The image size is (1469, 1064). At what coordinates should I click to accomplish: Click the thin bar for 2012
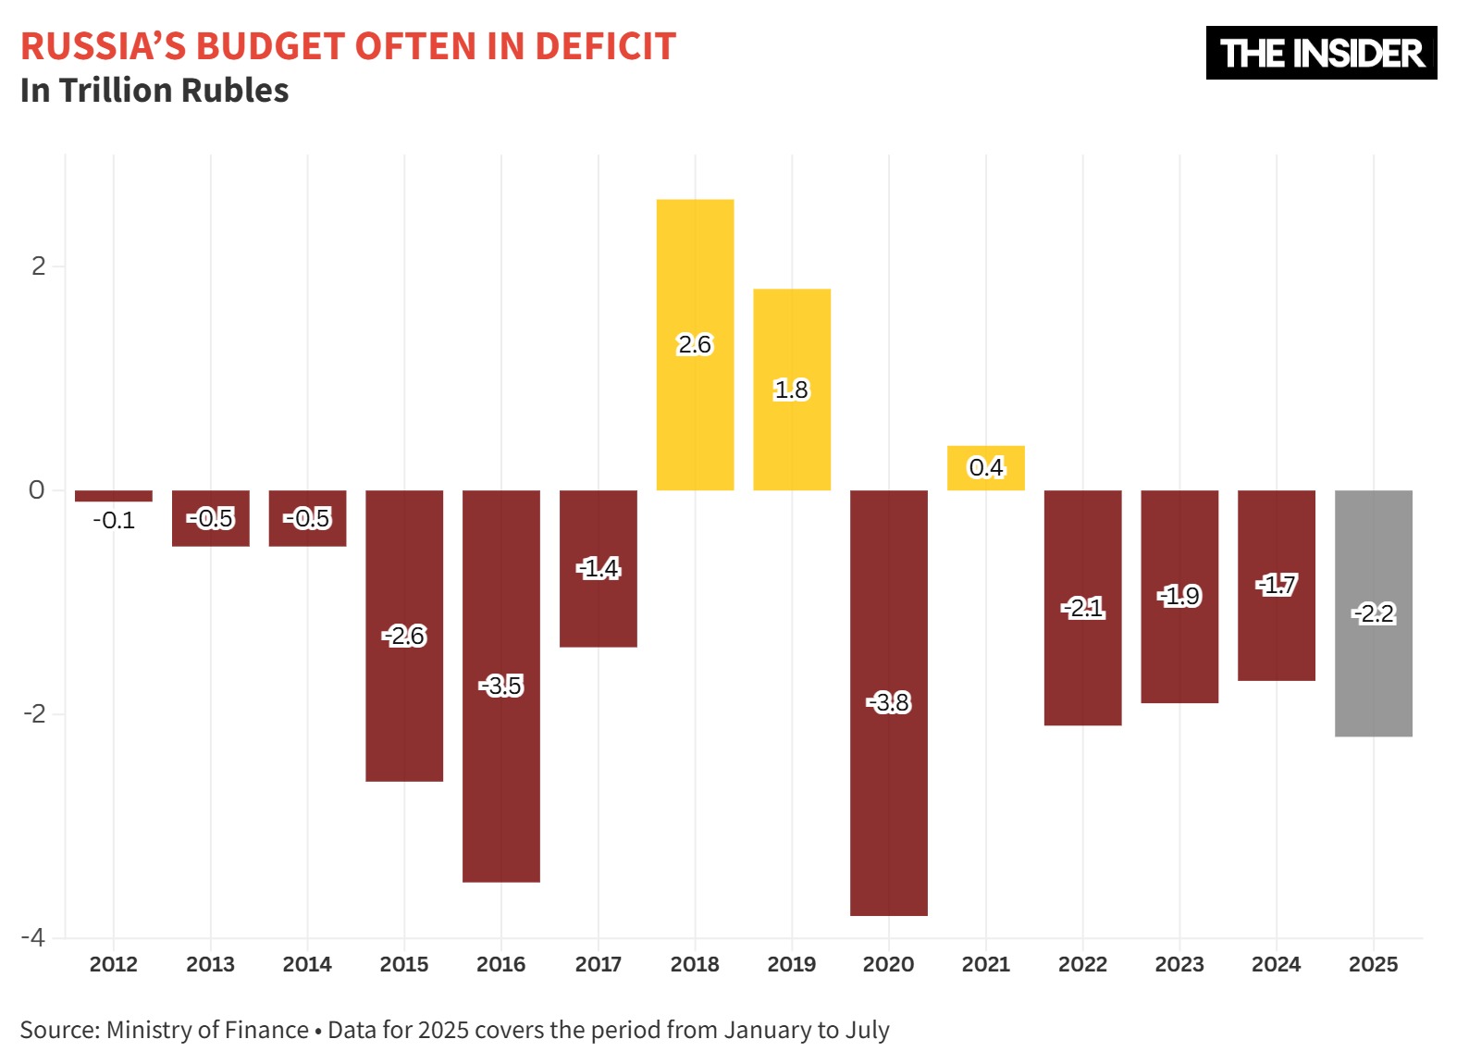(x=114, y=496)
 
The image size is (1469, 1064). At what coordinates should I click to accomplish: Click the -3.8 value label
(x=889, y=703)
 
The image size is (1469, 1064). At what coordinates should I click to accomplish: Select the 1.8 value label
(x=792, y=390)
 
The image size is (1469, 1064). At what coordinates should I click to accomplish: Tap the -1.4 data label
(x=599, y=568)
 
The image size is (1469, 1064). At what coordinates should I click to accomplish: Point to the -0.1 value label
(x=114, y=520)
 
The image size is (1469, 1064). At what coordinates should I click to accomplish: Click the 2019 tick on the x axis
(x=792, y=964)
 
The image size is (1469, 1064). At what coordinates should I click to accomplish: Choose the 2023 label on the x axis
(x=1179, y=964)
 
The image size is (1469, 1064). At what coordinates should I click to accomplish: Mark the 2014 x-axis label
(x=307, y=964)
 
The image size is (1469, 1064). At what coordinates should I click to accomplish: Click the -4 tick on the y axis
(x=33, y=937)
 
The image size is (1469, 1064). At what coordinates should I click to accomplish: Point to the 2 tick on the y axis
(x=38, y=266)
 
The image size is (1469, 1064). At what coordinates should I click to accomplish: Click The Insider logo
(x=1321, y=53)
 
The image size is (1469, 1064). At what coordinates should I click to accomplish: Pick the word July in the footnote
(x=868, y=1030)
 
